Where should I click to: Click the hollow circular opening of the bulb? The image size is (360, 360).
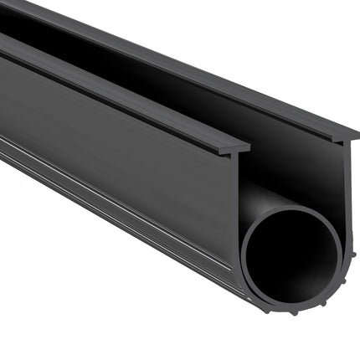click(291, 251)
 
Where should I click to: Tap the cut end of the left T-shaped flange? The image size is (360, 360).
click(238, 148)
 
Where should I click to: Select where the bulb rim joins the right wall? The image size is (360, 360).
click(342, 243)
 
